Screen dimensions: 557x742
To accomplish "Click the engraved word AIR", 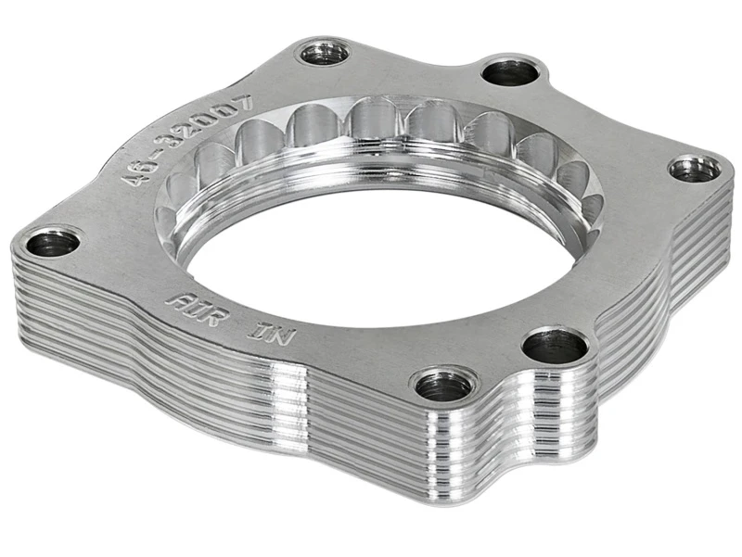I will coord(191,304).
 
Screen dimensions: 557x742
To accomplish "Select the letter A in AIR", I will coord(173,298).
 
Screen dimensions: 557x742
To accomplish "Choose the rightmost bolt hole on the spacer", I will coord(694,170).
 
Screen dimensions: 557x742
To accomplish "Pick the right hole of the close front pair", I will coord(554,347).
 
